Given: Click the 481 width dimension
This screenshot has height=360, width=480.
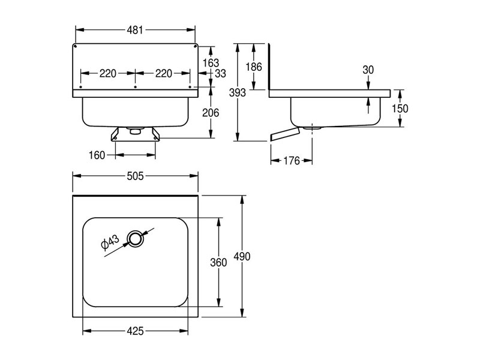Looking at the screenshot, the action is point(135,30).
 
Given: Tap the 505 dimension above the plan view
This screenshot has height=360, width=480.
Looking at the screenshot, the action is point(135,176).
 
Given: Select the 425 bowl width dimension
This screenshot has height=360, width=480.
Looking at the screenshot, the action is point(135,331).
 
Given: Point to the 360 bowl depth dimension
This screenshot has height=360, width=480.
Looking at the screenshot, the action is point(218,262).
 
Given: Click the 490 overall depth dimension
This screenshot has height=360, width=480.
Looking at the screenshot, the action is point(242,256).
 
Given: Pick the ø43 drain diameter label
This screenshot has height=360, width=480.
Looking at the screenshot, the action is point(110,242).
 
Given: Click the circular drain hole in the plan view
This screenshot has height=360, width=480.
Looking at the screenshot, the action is point(135,239).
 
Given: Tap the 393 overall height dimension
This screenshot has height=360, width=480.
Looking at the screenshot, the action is point(238,92).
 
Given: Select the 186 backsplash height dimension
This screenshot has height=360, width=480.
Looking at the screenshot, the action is point(254,67).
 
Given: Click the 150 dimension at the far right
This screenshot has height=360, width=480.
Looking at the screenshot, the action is point(400,109).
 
